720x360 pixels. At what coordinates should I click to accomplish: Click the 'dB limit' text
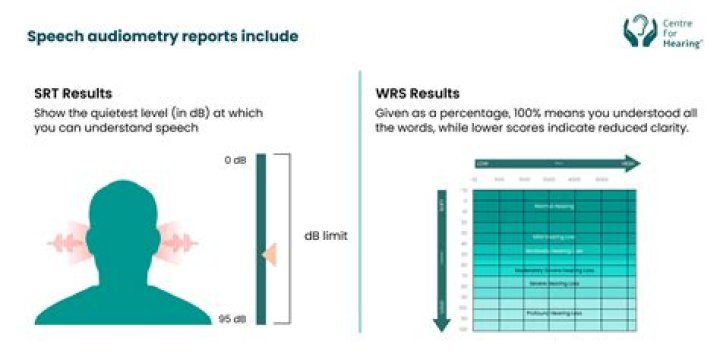pyautogui.click(x=326, y=237)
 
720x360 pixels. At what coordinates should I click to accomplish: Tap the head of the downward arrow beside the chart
pyautogui.click(x=441, y=325)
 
